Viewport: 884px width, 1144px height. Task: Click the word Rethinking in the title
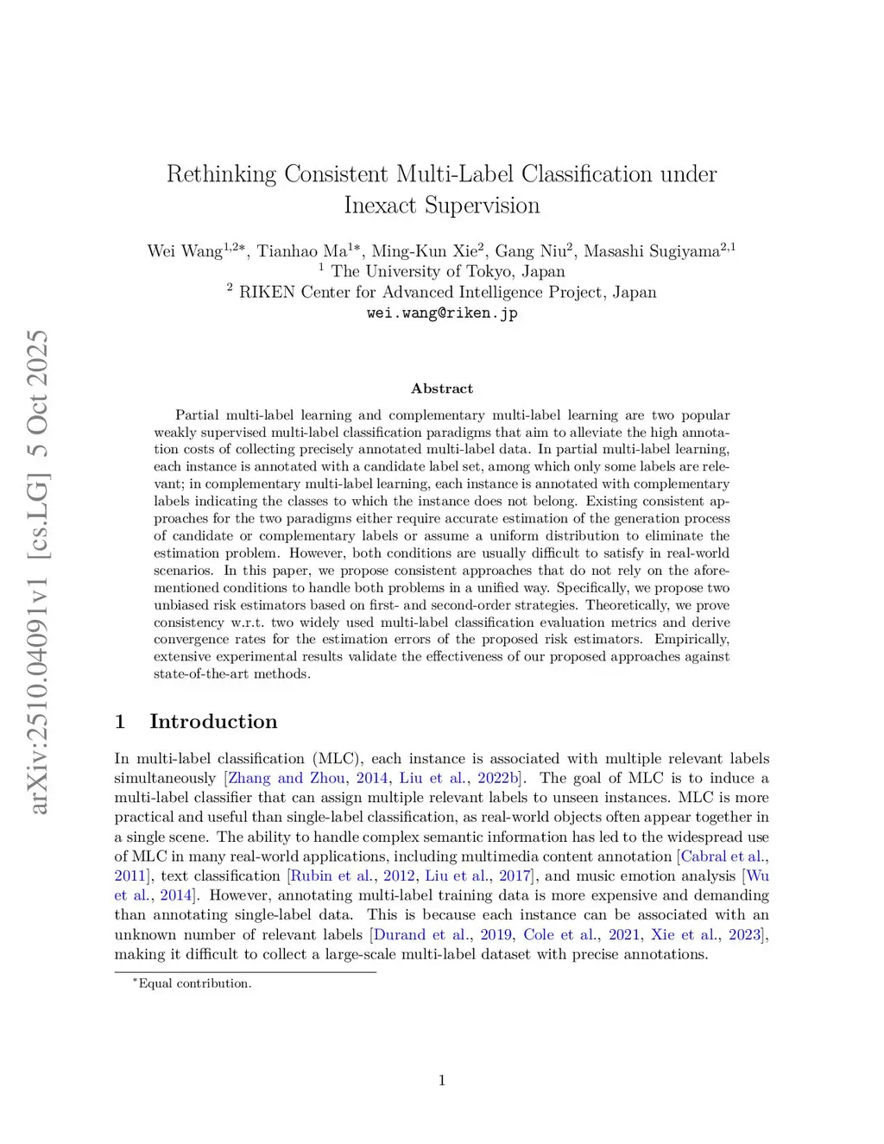coord(221,174)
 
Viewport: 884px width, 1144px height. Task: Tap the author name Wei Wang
coord(185,251)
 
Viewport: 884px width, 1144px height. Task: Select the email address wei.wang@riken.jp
coord(442,313)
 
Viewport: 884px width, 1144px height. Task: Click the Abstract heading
coord(442,389)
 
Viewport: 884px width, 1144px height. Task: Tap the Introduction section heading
coord(213,722)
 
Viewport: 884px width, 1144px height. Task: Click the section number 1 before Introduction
coord(120,722)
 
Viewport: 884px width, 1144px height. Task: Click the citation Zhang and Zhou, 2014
coord(307,778)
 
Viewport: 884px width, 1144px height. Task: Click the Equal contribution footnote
coord(194,983)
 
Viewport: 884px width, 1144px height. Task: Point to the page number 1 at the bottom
coord(442,1080)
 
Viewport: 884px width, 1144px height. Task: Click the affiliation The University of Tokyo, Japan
coord(447,271)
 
